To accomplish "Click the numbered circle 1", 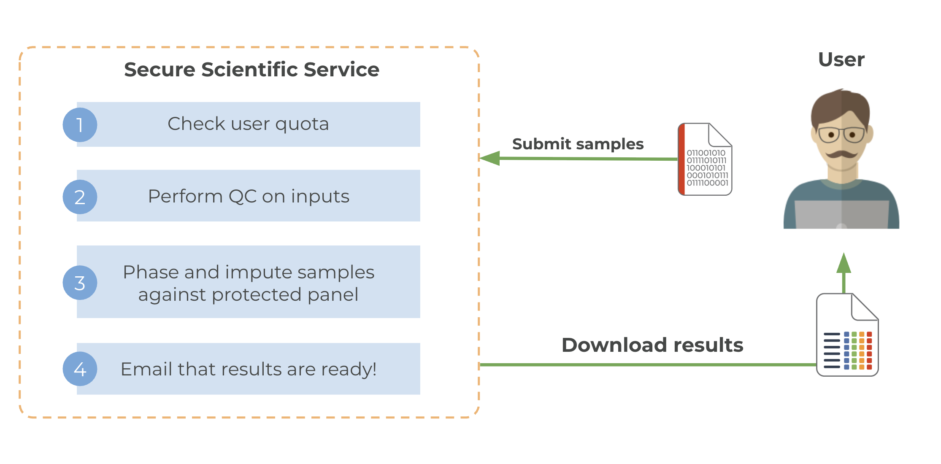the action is click(80, 125).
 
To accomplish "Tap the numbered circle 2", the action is click(80, 197).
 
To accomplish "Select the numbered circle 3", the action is click(80, 283).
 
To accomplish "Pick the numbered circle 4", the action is click(80, 369).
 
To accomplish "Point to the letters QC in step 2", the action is click(242, 197).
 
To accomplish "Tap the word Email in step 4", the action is click(146, 369).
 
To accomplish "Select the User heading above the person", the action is click(841, 59).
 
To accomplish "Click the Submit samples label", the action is click(578, 144).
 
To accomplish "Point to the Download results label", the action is click(652, 345).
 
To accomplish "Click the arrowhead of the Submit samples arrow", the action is click(489, 158).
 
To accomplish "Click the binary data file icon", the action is click(705, 159).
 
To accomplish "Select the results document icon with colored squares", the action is click(847, 335).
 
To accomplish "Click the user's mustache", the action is click(842, 154).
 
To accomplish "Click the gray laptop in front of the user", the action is click(842, 214).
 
